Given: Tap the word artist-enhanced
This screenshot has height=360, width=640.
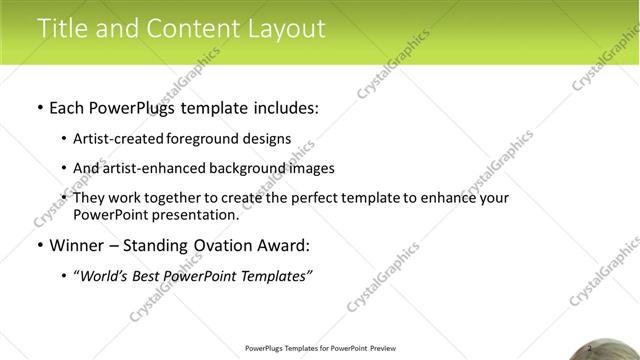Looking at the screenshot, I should [155, 168].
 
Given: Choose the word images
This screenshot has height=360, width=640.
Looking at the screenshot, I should [311, 168].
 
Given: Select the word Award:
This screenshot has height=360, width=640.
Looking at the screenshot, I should [285, 245].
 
